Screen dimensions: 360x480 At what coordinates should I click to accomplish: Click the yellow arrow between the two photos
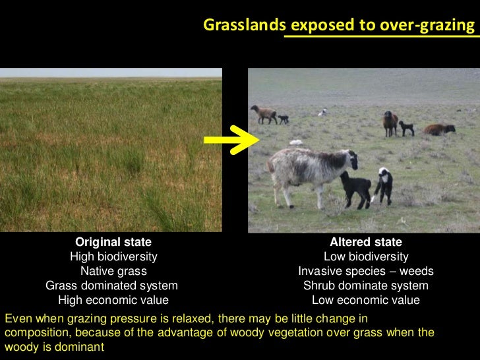[231, 138]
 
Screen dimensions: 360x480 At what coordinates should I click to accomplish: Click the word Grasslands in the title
[245, 25]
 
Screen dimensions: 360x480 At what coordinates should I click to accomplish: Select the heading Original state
[113, 242]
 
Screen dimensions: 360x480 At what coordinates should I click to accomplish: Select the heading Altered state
[366, 242]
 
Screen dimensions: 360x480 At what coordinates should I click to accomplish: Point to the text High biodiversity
[113, 256]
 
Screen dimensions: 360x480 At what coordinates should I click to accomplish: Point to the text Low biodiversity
[366, 256]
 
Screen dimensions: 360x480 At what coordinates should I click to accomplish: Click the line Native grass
[113, 271]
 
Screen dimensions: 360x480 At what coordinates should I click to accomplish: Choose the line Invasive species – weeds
[366, 271]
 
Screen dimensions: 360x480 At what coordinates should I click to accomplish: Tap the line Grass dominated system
[111, 285]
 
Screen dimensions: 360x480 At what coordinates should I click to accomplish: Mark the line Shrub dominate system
[366, 285]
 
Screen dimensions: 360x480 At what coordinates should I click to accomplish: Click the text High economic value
[113, 300]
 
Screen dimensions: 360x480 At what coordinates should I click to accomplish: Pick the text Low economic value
[366, 300]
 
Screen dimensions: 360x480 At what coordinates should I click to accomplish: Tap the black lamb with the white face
[382, 185]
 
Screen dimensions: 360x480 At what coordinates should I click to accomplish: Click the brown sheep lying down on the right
[440, 129]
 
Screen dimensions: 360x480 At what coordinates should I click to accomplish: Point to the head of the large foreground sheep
[349, 158]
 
